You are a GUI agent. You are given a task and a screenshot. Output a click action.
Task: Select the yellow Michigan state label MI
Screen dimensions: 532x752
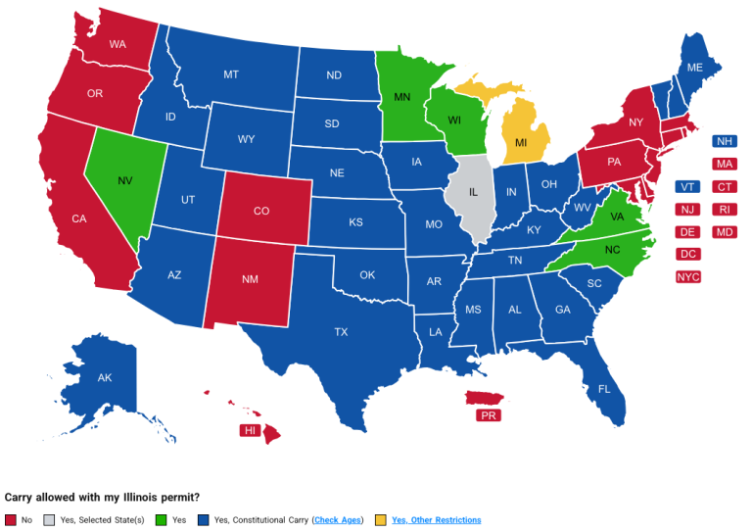pyautogui.click(x=521, y=143)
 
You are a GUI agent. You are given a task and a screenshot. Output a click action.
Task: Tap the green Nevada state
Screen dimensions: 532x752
pyautogui.click(x=125, y=181)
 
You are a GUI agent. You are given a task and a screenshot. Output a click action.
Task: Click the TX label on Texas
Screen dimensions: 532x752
pyautogui.click(x=341, y=332)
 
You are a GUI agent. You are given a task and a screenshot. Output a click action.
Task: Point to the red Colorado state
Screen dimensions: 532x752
pyautogui.click(x=261, y=211)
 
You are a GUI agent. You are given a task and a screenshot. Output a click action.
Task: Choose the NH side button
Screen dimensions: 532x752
pyautogui.click(x=726, y=141)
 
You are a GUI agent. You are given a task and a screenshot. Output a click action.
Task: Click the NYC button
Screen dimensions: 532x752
pyautogui.click(x=688, y=277)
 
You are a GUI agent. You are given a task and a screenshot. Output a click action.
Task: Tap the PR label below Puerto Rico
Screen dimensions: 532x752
pyautogui.click(x=488, y=415)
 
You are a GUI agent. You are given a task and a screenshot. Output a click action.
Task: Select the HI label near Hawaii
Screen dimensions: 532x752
pyautogui.click(x=250, y=430)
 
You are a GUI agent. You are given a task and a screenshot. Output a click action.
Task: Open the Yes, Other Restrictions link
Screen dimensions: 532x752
pyautogui.click(x=437, y=520)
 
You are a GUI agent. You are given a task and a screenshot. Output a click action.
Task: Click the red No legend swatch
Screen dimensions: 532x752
pyautogui.click(x=11, y=520)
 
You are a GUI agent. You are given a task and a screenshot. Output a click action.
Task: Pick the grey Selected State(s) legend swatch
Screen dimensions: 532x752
pyautogui.click(x=50, y=520)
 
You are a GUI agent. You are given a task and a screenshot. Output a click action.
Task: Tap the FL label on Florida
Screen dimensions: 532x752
pyautogui.click(x=604, y=389)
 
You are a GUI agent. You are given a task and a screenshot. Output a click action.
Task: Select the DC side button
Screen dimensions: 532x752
pyautogui.click(x=688, y=255)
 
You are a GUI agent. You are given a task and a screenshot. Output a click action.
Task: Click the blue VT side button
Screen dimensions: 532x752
pyautogui.click(x=688, y=187)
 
